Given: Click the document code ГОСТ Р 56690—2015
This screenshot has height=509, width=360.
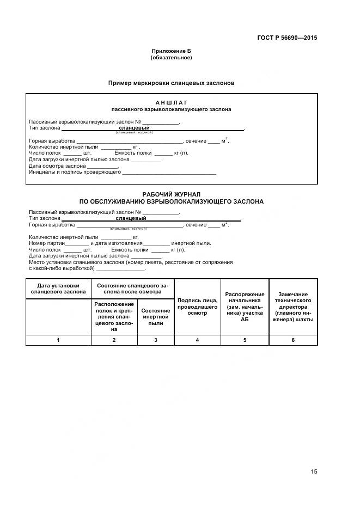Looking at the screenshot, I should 287,38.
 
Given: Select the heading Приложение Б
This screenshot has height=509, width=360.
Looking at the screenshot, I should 171,51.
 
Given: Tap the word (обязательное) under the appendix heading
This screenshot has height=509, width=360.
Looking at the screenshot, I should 171,57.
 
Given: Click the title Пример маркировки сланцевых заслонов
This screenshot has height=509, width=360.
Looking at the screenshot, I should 171,83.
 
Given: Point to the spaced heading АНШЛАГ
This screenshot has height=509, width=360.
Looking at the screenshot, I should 171,102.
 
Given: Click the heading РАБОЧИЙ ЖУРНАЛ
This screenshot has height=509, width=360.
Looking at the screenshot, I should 171,194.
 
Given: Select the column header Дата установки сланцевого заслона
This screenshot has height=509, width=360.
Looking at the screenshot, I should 58,288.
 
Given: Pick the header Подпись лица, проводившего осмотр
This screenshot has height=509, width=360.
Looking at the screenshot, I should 197,306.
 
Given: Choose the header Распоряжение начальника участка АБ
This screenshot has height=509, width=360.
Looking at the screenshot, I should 245,306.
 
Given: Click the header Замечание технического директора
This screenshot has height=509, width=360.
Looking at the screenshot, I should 294,306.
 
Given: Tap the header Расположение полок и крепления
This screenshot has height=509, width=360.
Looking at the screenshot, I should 114,316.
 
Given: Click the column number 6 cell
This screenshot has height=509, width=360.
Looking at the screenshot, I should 294,340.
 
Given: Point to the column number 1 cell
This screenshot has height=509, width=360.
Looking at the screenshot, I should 58,340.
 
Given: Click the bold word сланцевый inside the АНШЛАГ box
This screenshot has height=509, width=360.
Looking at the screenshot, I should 135,128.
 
